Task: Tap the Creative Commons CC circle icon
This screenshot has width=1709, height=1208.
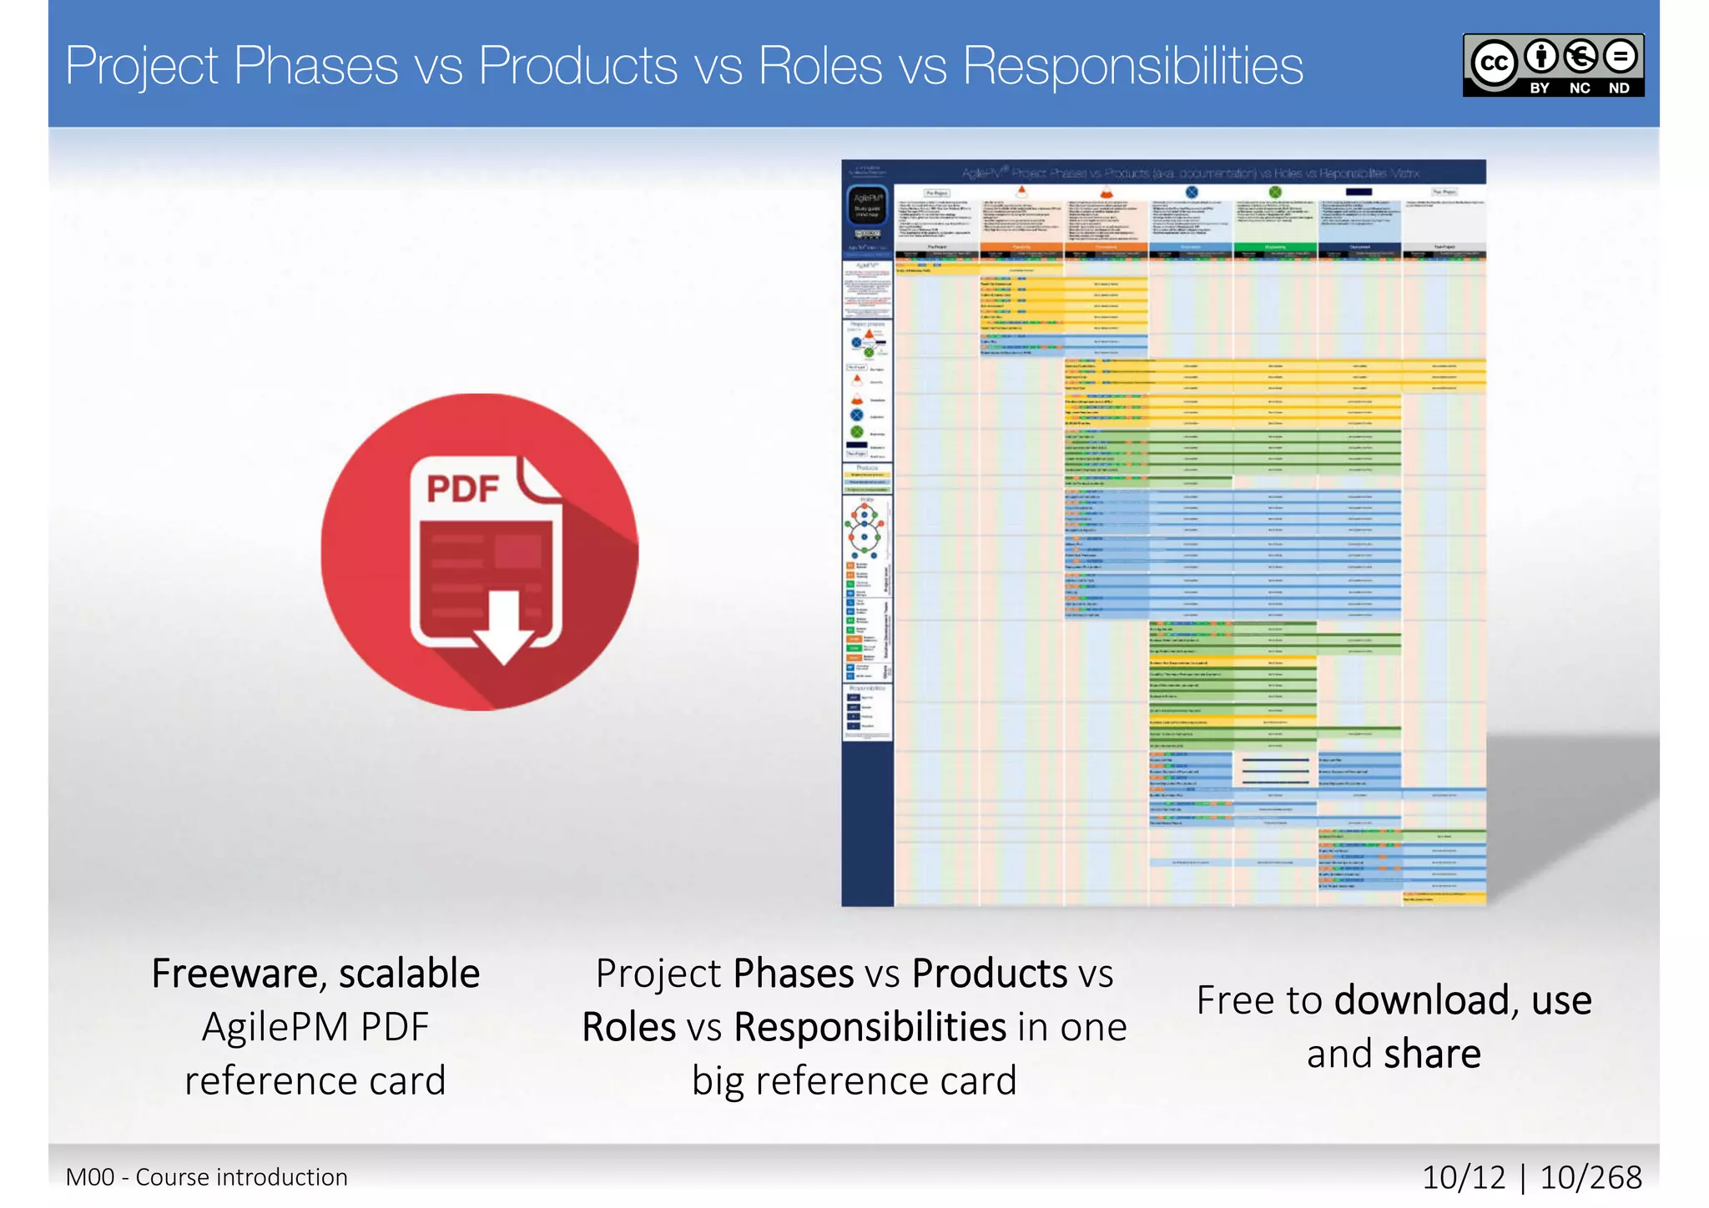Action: click(1493, 63)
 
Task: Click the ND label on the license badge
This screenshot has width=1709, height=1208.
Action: click(1618, 88)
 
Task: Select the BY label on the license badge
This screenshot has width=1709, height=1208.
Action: click(1539, 88)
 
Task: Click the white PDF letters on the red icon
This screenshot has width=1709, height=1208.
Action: click(462, 489)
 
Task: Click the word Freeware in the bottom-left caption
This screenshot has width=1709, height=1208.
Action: click(234, 974)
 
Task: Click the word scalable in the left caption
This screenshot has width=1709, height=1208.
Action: click(409, 974)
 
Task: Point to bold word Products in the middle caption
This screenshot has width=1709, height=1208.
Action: click(989, 974)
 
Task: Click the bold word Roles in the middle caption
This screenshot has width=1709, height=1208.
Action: click(628, 1027)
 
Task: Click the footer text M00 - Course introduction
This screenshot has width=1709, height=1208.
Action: click(206, 1177)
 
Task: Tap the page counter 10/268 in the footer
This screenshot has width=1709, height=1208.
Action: click(1590, 1177)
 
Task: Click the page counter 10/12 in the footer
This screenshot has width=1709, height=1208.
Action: click(1463, 1177)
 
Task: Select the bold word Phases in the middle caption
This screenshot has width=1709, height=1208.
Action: click(793, 974)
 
